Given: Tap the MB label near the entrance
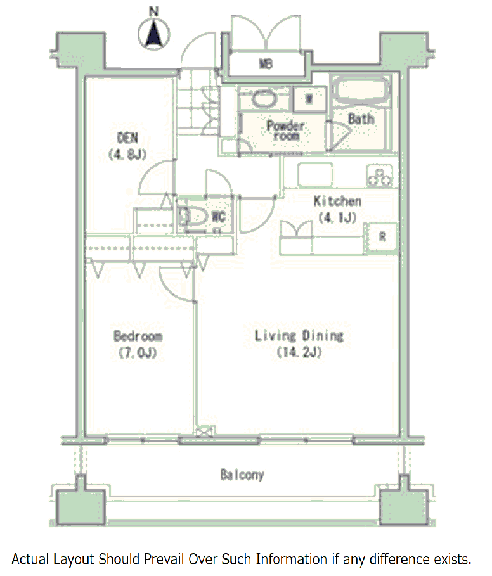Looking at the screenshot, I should [x=265, y=64].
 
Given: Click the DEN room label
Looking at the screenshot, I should [x=127, y=138].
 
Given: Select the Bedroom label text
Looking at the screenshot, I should [x=138, y=336].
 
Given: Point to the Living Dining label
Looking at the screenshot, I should [x=299, y=336].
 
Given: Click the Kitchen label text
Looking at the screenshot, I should [x=337, y=202].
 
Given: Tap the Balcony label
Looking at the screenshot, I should [x=242, y=475].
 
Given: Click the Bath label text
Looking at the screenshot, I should [x=361, y=118].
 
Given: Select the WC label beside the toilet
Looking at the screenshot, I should [x=219, y=217].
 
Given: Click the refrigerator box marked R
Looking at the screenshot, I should [x=382, y=236].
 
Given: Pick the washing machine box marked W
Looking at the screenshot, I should [x=309, y=98].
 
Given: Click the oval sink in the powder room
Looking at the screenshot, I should [x=263, y=98].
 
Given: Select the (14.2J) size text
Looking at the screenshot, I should [x=299, y=353].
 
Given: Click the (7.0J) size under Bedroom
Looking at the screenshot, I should [x=138, y=353].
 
